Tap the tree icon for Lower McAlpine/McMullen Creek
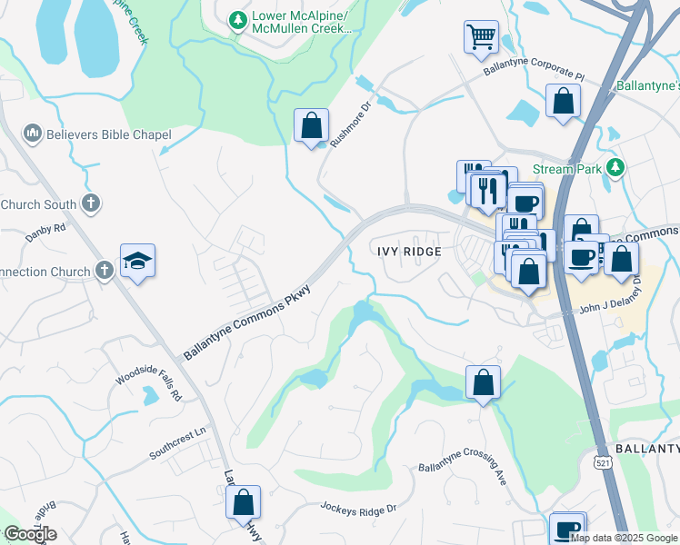click(x=237, y=19)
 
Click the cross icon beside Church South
click(x=91, y=203)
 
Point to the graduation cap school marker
click(x=137, y=261)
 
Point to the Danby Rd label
click(x=45, y=231)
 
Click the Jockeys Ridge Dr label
click(x=358, y=509)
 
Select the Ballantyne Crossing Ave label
click(x=462, y=474)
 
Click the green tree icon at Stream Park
click(x=616, y=167)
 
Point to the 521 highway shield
click(x=601, y=462)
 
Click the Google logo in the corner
click(x=30, y=534)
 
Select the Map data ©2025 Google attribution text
click(x=625, y=537)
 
